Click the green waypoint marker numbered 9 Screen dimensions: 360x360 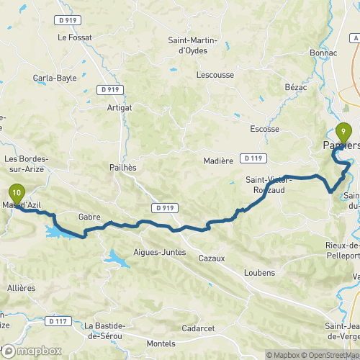pos(343,132)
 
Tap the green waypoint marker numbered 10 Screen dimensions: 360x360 pos(17,193)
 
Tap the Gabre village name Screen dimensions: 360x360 pos(89,215)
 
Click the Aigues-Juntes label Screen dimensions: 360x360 pos(160,252)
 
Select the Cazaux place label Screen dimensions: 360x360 pos(212,257)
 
